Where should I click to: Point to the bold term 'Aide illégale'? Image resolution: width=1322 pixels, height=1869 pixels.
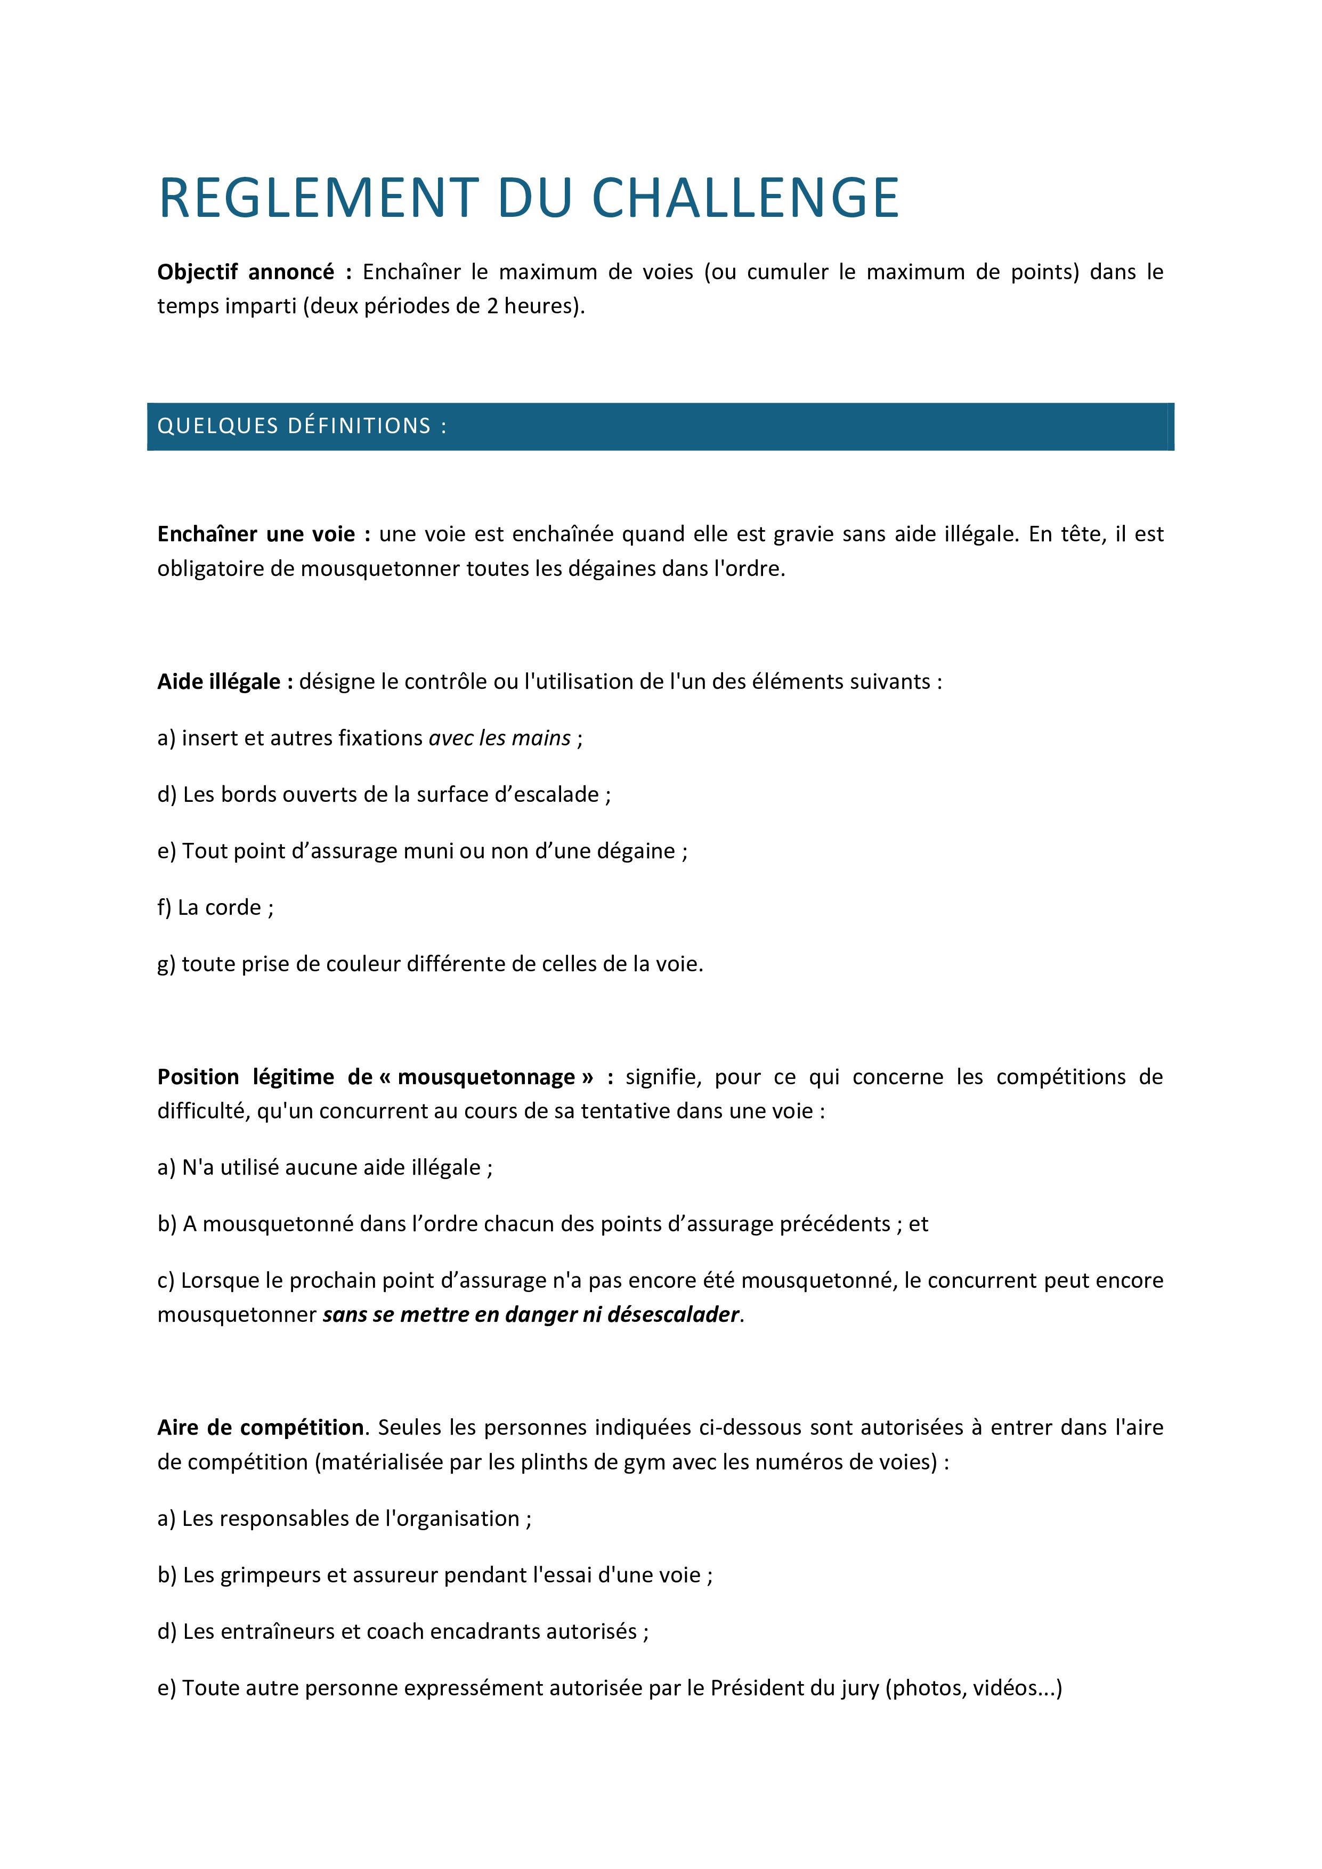[225, 681]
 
